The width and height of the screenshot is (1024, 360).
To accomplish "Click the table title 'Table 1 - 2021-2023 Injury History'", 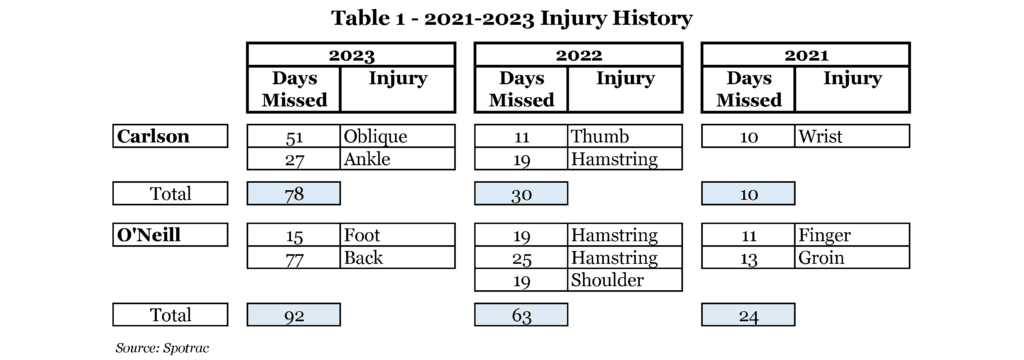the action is point(511,18).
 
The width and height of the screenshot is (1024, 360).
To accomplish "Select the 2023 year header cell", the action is point(351,55).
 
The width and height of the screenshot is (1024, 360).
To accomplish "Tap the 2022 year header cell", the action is point(578,55).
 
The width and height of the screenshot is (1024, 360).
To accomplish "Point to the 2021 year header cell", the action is point(805,55).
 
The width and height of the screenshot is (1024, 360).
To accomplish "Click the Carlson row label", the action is point(170,136).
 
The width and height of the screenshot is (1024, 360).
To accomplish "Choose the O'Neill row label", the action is point(170,235).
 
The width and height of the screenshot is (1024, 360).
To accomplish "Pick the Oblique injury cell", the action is point(397,136).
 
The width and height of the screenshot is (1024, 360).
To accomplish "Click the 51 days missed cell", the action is point(293,136).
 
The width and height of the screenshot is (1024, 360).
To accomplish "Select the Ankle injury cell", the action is point(397,159).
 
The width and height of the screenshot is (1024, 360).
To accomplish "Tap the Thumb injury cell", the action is point(625,136).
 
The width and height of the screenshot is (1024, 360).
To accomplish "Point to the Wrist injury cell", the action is point(852,136).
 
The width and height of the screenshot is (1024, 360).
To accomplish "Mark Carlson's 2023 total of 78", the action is point(293,193).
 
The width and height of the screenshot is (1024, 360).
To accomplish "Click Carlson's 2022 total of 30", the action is point(520,193).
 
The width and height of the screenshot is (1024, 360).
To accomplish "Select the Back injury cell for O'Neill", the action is point(397,257).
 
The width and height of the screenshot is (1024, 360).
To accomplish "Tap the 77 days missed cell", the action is point(293,257).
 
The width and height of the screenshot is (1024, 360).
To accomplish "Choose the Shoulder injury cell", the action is point(625,280).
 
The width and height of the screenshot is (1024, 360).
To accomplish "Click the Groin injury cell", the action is point(852,257).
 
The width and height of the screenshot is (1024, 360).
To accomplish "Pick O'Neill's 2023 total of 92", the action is point(293,315).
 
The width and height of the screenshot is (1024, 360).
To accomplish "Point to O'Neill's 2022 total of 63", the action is point(520,315).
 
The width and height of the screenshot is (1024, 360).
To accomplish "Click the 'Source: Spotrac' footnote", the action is point(163,348).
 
